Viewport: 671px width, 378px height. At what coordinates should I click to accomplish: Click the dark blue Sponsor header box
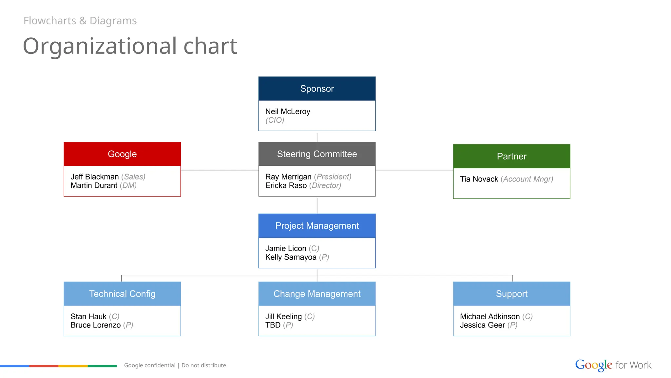tap(317, 89)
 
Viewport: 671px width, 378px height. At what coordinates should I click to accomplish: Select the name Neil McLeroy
tap(287, 112)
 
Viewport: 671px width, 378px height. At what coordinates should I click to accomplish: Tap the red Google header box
tap(122, 154)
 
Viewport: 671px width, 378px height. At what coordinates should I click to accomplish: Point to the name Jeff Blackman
tap(95, 177)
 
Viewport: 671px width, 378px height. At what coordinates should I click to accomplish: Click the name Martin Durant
tap(94, 186)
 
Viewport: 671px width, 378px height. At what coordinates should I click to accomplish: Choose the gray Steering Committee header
tap(317, 154)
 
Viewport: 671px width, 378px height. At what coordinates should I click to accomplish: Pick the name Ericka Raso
tap(286, 186)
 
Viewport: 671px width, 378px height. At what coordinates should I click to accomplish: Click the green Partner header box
tap(511, 156)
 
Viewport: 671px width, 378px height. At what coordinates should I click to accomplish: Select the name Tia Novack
tap(479, 179)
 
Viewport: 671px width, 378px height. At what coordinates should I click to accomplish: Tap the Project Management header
tap(317, 226)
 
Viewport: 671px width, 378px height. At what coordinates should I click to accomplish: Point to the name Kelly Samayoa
tap(291, 257)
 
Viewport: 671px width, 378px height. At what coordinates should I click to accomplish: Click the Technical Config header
tap(122, 294)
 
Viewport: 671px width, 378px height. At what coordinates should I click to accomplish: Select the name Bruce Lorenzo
tap(95, 325)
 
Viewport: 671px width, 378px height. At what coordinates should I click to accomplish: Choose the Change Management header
tap(317, 294)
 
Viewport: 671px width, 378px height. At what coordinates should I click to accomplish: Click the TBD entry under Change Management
tap(273, 325)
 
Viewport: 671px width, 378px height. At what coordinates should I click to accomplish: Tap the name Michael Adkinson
tap(489, 317)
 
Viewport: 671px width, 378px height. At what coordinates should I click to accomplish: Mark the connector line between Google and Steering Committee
tap(220, 170)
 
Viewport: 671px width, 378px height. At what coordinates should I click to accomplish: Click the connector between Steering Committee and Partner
tap(414, 170)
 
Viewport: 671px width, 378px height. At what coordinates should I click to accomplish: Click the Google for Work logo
tap(613, 365)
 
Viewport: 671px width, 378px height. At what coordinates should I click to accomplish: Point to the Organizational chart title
tap(130, 46)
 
